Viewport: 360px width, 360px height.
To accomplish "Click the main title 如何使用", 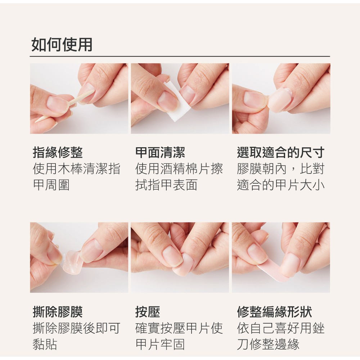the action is point(62,44).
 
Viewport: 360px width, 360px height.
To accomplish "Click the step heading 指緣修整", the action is point(58,152).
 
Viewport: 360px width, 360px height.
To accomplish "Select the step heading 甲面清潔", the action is point(160,152).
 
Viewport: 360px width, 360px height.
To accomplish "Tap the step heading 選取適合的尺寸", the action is point(280,152).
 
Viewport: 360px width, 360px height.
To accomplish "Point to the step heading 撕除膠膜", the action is point(58,311).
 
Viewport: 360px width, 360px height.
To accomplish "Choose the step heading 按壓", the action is point(147,311).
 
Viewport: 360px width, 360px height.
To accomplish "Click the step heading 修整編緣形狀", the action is point(274,311).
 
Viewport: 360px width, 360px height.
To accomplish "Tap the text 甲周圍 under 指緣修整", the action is point(51,185).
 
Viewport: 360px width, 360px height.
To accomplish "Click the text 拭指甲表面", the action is point(166,185).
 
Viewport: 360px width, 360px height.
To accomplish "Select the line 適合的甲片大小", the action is point(280,185).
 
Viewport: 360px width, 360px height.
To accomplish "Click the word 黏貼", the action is point(45,344).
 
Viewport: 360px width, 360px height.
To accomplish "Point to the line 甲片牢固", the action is point(160,344).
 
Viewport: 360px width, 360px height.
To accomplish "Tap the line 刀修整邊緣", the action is point(268,344).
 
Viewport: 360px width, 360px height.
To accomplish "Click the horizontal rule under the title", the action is point(180,56).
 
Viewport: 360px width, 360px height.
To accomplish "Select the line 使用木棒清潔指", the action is point(76,169).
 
